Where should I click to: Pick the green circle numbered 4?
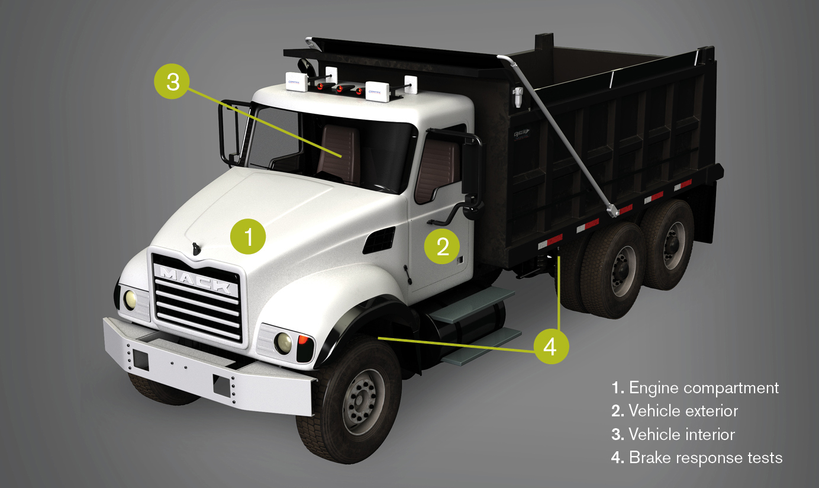pos(550,346)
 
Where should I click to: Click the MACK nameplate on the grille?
pos(195,279)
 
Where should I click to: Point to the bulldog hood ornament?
pos(195,248)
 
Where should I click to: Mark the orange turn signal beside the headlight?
pos(302,341)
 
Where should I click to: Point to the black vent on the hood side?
pos(379,239)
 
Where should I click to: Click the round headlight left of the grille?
pos(130,299)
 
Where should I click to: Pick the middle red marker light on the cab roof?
pos(339,89)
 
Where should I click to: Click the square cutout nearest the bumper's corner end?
pos(140,358)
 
